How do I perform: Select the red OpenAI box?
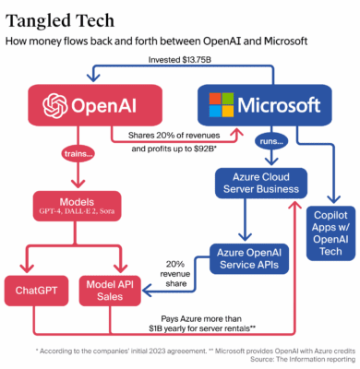tap(84, 103)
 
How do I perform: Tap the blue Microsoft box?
tap(258, 103)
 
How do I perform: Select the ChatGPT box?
tap(33, 294)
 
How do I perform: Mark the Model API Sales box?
tap(107, 294)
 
